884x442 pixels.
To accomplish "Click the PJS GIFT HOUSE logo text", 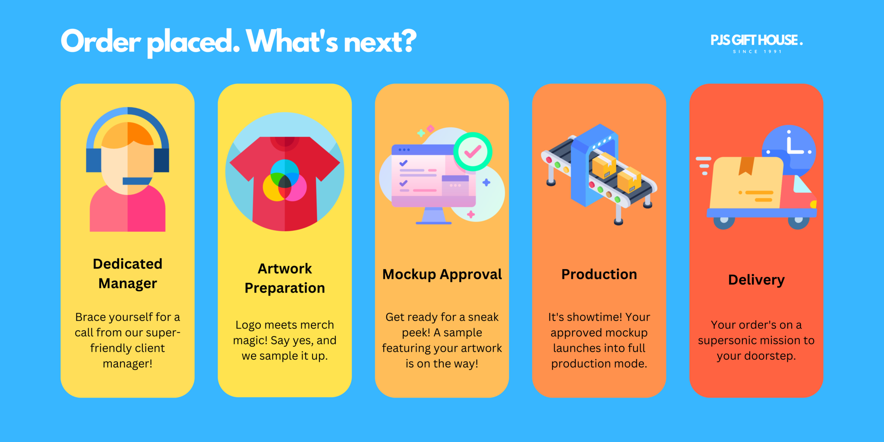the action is tap(757, 40).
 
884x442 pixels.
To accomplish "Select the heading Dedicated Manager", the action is tap(127, 273).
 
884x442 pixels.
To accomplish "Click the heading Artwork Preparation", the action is tap(284, 278).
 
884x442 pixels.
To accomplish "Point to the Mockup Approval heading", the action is tap(442, 275).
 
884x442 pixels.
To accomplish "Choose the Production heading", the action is tap(599, 274).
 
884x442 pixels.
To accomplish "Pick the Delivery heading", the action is tap(756, 280).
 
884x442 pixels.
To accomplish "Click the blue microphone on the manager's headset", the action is tap(137, 181).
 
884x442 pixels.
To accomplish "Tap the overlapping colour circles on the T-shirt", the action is tap(285, 180).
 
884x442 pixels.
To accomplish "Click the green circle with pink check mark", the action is tap(473, 152).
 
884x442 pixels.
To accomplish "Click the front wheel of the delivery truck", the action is tap(799, 222).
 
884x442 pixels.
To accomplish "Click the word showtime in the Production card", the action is tap(594, 317).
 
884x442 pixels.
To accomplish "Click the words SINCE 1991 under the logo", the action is tap(757, 52).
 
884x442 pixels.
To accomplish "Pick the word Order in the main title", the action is tap(101, 41).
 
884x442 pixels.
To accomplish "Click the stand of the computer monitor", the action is tap(433, 216).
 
